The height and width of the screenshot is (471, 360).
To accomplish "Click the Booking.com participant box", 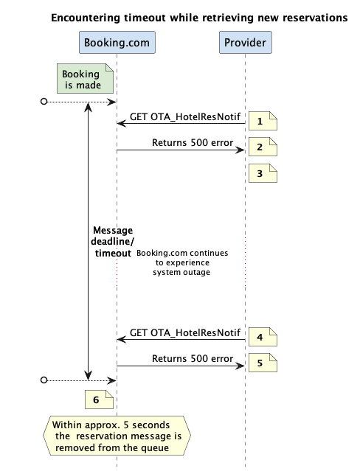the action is (117, 42).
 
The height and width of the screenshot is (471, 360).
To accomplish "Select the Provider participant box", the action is (246, 42).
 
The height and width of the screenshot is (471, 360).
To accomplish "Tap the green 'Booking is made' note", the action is (85, 78).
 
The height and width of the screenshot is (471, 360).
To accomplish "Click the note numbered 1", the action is (263, 121).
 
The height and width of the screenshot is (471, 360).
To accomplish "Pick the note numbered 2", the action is (263, 147).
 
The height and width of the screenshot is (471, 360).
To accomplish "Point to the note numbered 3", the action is (263, 173).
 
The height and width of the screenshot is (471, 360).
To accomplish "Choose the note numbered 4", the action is (263, 337).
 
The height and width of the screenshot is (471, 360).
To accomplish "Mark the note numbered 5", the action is (263, 363).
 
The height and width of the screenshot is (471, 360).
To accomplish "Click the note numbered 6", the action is (99, 400).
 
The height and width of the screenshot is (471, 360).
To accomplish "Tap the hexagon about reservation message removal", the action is (117, 436).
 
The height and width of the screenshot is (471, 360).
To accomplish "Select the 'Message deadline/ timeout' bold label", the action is (112, 242).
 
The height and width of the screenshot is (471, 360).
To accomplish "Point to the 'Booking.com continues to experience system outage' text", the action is (182, 262).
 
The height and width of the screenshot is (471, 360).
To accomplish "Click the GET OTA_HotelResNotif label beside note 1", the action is (185, 116).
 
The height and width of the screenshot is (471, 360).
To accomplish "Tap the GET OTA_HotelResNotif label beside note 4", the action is (185, 332).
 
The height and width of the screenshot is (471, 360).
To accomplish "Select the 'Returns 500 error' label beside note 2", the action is (193, 142).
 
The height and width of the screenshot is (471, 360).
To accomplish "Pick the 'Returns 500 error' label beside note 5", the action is (193, 358).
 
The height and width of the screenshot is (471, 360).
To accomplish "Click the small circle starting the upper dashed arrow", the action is (44, 102).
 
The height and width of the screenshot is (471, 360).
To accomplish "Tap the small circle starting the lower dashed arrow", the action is (44, 380).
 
